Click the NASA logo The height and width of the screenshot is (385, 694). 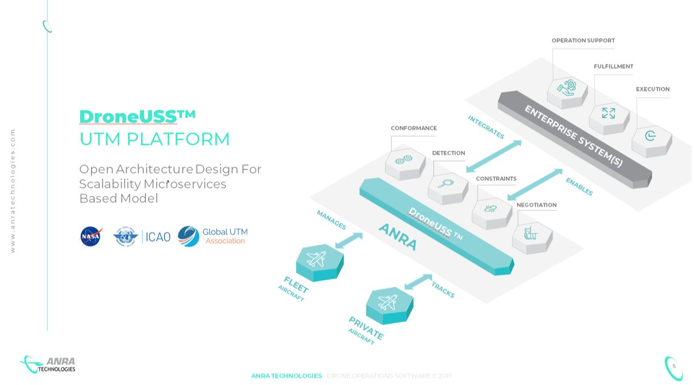[x=91, y=236]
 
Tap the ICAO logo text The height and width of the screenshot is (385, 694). [x=158, y=237]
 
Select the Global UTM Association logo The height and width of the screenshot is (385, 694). [x=213, y=236]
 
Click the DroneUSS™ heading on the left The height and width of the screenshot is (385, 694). [x=137, y=116]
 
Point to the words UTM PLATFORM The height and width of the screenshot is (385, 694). [x=155, y=139]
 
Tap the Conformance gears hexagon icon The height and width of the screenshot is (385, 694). [x=404, y=161]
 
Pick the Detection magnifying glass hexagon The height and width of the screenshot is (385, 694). [x=447, y=185]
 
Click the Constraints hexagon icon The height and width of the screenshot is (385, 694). [x=491, y=210]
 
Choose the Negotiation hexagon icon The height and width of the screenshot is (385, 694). [x=531, y=235]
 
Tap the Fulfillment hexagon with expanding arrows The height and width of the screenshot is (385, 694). [x=608, y=114]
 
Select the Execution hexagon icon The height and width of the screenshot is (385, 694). [x=651, y=137]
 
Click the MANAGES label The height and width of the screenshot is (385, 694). [x=331, y=220]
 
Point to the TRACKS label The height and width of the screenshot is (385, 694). [x=443, y=290]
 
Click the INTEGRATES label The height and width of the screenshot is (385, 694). [x=486, y=127]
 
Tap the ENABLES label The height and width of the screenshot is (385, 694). [x=579, y=187]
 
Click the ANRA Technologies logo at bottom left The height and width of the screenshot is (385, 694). [x=49, y=364]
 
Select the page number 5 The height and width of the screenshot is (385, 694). [x=674, y=366]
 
